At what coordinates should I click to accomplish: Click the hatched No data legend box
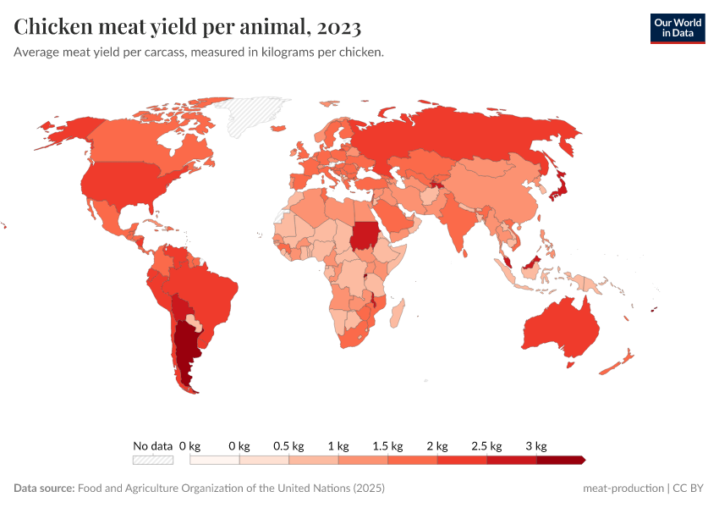152,460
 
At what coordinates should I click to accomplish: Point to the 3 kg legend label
535,445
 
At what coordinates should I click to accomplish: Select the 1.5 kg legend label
387,445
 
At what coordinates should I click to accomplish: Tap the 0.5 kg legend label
288,445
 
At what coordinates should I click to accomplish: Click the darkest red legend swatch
560,460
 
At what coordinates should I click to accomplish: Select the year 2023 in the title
339,27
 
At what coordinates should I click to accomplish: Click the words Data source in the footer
44,489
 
